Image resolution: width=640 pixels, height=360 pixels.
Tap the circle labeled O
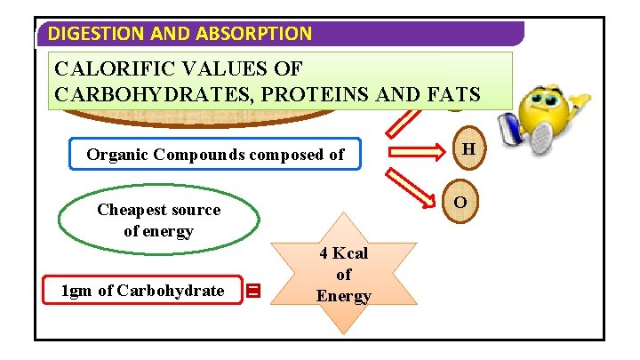pos(460,203)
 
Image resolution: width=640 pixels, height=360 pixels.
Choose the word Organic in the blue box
pos(117,155)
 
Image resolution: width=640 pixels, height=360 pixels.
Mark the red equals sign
pos(253,291)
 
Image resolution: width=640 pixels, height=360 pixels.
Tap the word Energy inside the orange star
pos(343,296)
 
